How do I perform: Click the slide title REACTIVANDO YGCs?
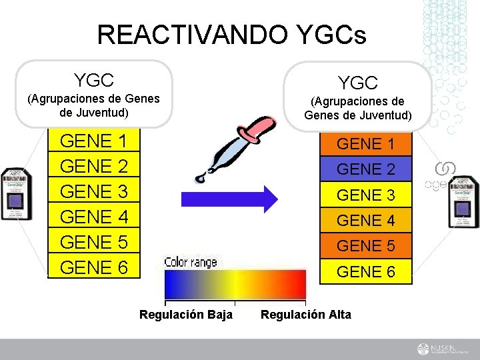coord(231,34)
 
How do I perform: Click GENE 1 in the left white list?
coord(94,141)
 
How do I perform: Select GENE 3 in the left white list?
coord(94,192)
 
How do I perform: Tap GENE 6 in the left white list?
coord(94,267)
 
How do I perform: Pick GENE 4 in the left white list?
coord(94,217)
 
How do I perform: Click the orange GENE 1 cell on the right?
coord(365,144)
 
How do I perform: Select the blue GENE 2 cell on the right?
coord(365,169)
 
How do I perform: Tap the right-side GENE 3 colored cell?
coord(365,195)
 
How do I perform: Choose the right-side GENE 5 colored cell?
coord(365,246)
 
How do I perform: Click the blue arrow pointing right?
coord(237,199)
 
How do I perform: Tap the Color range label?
coord(191,262)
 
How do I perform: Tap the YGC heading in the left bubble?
coord(94,81)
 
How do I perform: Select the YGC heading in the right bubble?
coord(358,83)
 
